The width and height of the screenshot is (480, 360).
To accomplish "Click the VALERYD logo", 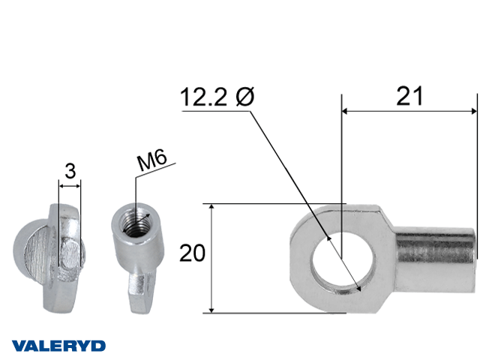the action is [58, 346].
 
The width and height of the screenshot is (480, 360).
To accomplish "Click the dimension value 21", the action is [409, 96].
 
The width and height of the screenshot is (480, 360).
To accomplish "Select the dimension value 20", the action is [192, 253].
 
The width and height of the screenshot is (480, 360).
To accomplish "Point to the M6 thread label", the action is [152, 160].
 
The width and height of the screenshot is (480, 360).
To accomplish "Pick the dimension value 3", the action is [70, 171].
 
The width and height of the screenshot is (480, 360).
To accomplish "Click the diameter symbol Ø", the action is [245, 97].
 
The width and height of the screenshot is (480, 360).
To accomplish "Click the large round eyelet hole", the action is [342, 262].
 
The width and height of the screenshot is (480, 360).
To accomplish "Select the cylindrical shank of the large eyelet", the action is [435, 259].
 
